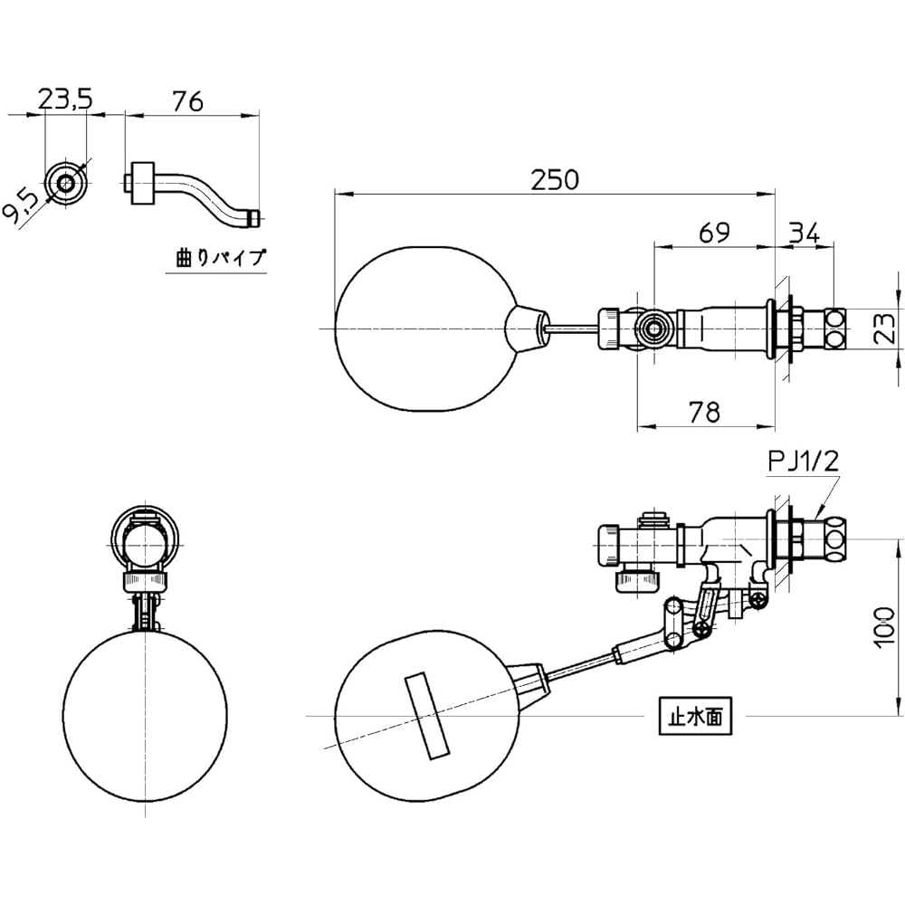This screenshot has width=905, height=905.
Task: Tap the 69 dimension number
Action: tap(714, 233)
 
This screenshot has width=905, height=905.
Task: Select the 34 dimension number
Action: tap(804, 233)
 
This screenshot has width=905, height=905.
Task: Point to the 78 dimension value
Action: tap(705, 412)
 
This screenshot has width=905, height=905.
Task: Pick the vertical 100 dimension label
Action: tap(884, 627)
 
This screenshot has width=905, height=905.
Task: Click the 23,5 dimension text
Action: tap(65, 100)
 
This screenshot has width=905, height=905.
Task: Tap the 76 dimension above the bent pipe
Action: tap(188, 101)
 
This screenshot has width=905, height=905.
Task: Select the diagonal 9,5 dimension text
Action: tap(22, 206)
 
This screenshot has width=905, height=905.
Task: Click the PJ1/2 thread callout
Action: tap(803, 462)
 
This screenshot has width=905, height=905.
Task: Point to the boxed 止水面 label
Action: tap(695, 717)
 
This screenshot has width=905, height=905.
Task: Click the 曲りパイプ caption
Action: tap(221, 257)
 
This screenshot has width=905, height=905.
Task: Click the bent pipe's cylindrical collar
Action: tap(142, 183)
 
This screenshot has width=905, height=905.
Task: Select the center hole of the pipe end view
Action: tap(66, 184)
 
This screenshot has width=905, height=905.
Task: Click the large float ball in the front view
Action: tap(145, 715)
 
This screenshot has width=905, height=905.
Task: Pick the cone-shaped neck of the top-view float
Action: tap(526, 329)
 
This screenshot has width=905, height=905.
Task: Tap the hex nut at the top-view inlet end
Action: tap(835, 329)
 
